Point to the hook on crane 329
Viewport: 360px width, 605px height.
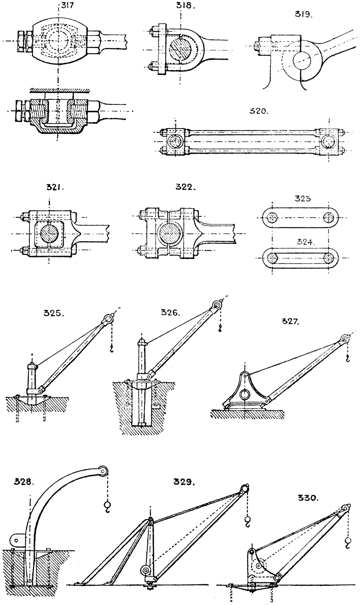tap(247, 521)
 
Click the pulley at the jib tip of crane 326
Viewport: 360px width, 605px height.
tap(218, 305)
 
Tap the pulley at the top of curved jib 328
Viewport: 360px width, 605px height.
tap(102, 472)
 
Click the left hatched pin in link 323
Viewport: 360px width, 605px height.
tap(272, 217)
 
